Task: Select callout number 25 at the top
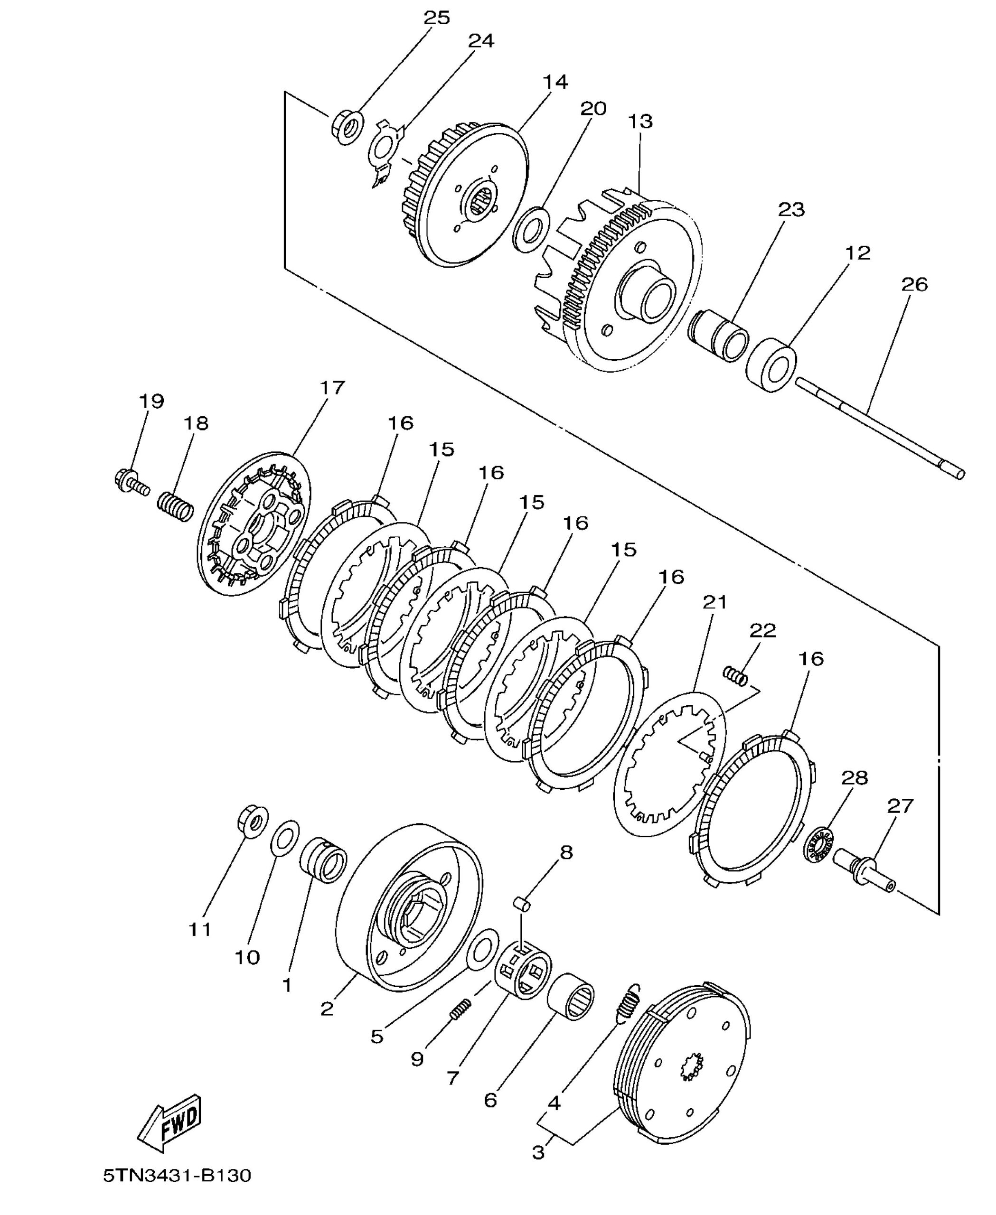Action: point(437,18)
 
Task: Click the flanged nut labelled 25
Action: point(347,126)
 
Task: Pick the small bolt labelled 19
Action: point(132,483)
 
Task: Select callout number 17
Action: point(332,388)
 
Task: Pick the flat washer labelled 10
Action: point(284,838)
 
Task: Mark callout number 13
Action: point(640,121)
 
